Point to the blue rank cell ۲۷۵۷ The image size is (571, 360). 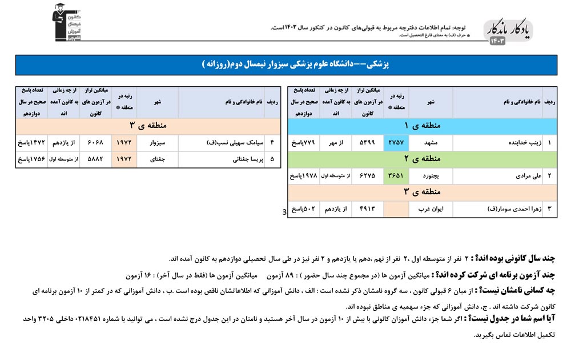[396, 142]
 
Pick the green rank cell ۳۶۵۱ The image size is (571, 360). [396, 175]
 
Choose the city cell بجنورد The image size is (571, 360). [431, 175]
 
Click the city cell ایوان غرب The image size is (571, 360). [431, 209]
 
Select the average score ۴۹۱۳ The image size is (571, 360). [367, 209]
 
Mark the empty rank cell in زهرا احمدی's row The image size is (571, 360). [396, 209]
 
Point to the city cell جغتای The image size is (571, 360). [157, 159]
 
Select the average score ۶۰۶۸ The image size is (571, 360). [95, 142]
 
